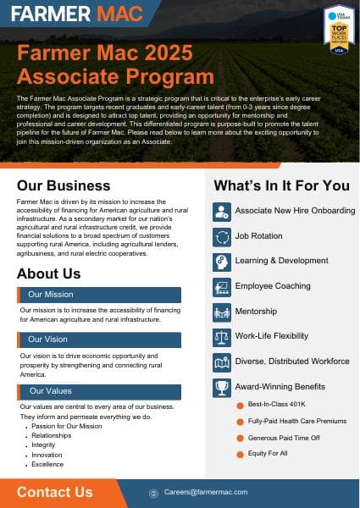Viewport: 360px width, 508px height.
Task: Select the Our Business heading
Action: click(x=63, y=185)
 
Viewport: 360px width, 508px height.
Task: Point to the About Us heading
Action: click(x=48, y=273)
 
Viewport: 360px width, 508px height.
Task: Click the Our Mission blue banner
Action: click(x=99, y=295)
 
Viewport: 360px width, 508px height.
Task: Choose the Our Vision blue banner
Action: click(x=99, y=340)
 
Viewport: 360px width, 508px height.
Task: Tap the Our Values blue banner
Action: click(x=99, y=391)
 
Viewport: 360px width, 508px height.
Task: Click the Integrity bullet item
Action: click(x=43, y=445)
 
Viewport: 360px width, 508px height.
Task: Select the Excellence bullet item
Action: click(x=47, y=464)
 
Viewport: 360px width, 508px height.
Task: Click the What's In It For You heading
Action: click(x=281, y=185)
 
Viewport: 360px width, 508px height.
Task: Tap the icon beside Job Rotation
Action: click(x=222, y=237)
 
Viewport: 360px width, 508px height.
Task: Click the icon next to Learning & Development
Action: click(x=222, y=262)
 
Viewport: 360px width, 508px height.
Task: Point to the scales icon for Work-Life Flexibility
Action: click(x=222, y=337)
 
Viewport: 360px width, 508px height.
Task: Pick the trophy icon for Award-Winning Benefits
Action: click(x=222, y=387)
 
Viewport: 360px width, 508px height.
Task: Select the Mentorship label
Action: click(x=256, y=312)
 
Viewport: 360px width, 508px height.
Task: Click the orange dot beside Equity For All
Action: click(x=241, y=453)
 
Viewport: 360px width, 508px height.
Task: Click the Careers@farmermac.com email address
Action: click(x=206, y=492)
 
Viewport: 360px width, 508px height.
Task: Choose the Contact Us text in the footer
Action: click(x=54, y=492)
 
